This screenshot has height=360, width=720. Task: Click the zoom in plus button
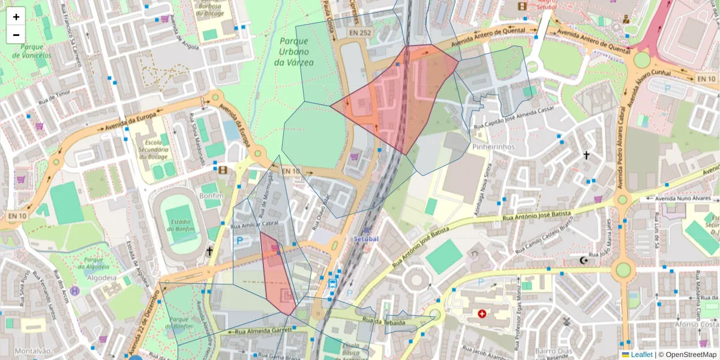point(16,17)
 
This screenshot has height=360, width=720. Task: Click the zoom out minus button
point(16,35)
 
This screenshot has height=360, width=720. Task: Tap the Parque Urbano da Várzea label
point(294,52)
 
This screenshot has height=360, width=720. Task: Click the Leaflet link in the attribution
point(641,355)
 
